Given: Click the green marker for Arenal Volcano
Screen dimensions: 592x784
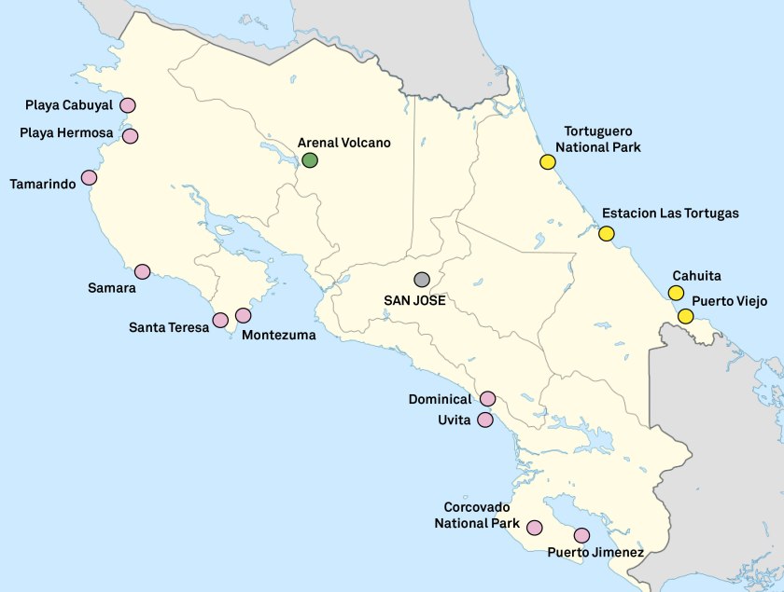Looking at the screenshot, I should tap(310, 160).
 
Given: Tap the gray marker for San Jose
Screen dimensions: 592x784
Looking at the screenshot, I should tap(422, 280).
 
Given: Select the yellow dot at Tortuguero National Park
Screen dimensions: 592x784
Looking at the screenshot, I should tap(548, 161).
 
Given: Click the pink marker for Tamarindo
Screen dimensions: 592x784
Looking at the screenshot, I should tap(90, 177).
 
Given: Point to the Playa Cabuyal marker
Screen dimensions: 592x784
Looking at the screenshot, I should tap(127, 105).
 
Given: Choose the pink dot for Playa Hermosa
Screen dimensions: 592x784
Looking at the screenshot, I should tap(131, 136).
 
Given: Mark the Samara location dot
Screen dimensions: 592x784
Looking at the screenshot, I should tap(143, 271).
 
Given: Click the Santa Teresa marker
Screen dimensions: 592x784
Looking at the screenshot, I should tap(220, 320).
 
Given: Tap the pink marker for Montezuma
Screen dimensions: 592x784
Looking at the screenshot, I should tap(244, 315).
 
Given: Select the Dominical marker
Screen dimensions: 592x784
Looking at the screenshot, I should tap(487, 399).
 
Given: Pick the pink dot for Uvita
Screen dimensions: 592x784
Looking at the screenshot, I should tap(485, 420).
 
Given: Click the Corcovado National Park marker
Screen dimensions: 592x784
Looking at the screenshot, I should tap(535, 527).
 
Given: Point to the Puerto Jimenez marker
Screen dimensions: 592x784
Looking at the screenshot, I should tap(582, 535).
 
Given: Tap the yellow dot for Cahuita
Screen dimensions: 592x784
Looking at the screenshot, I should tap(676, 293).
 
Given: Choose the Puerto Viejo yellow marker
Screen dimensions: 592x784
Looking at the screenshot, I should tap(686, 316).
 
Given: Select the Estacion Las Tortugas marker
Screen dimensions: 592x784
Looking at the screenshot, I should tap(607, 234).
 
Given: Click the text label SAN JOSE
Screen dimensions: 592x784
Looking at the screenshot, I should tap(414, 300).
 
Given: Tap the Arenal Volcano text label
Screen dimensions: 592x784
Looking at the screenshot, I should tap(343, 143).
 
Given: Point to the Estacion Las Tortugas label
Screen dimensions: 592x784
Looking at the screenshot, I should tap(670, 213).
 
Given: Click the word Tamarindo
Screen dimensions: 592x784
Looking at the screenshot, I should tap(43, 184).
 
